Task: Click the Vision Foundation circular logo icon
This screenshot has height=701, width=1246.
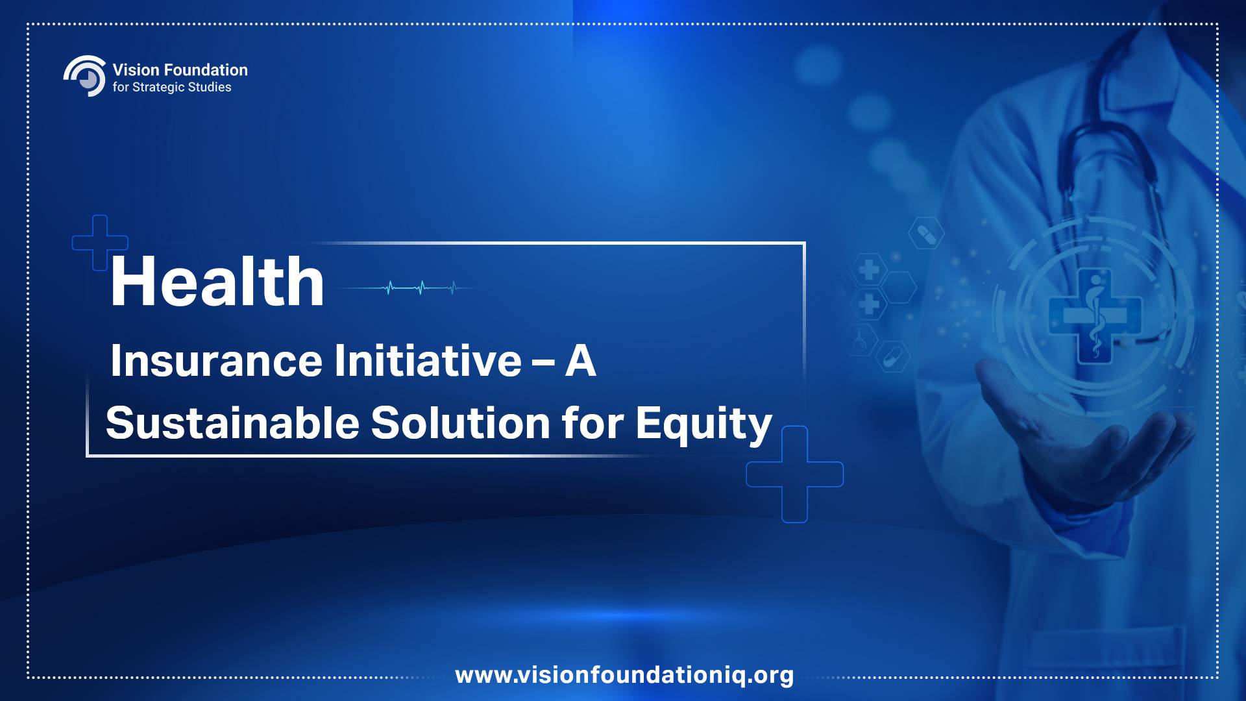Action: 85,76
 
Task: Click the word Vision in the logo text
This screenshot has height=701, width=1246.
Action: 136,70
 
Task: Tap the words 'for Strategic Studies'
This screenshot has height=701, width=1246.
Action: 172,88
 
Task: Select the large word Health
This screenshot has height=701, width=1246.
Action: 217,281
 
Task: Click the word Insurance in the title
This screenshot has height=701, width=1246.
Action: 216,360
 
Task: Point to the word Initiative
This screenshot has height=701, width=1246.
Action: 428,360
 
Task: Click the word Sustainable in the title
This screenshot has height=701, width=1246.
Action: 232,423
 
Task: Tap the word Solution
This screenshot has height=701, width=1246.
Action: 461,423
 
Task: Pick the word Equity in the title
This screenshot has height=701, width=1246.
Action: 704,425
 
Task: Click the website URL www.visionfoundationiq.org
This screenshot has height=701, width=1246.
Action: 624,675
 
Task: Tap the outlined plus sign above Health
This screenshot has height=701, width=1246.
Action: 100,243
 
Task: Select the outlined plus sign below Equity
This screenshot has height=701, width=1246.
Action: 795,474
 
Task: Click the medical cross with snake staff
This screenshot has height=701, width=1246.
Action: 1095,317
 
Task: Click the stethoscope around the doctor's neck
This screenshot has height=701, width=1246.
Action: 1103,143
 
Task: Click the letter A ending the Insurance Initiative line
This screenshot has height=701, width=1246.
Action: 580,360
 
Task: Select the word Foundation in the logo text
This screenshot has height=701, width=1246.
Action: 206,70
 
